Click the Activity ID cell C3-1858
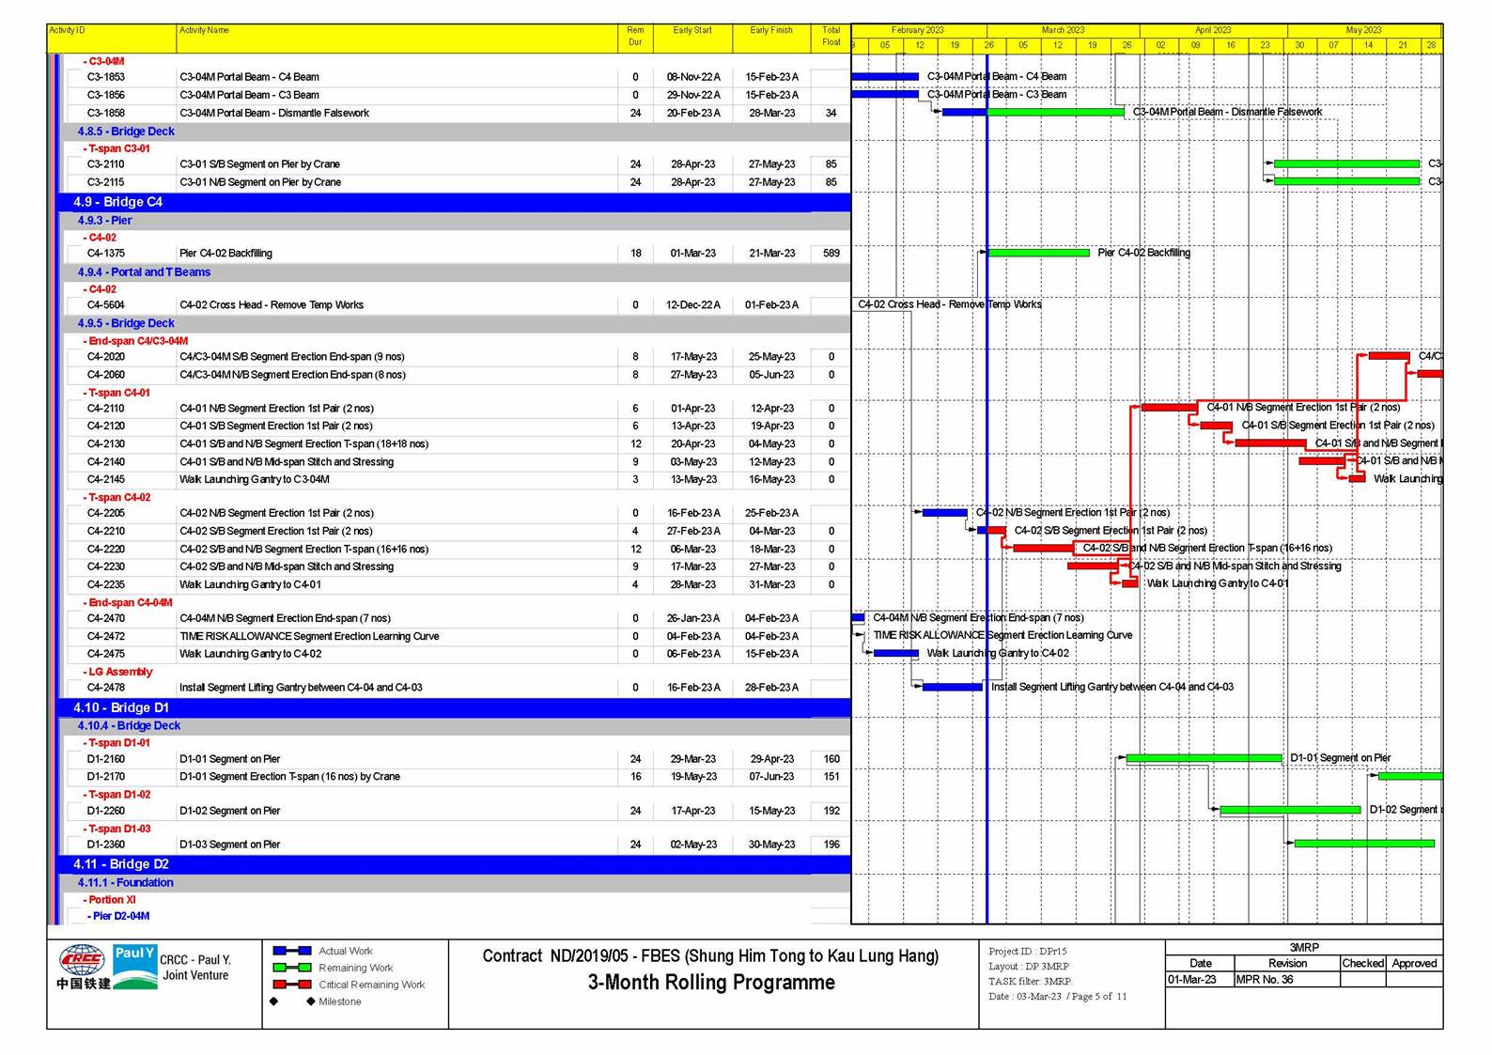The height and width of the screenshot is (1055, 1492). [x=106, y=113]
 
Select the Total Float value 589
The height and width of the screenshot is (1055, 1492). [x=831, y=253]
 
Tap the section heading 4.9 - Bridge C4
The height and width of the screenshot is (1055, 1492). [x=117, y=202]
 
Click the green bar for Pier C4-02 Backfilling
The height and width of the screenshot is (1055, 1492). [x=1038, y=253]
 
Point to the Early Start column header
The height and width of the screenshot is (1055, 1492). [x=692, y=31]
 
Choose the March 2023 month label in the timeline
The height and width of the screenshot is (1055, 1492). [x=1063, y=30]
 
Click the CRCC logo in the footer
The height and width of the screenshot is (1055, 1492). [x=83, y=967]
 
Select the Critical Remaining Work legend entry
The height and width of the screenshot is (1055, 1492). [x=371, y=985]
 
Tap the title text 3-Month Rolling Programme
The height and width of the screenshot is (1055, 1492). [x=710, y=983]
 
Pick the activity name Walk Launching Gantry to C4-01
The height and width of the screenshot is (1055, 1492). [x=250, y=584]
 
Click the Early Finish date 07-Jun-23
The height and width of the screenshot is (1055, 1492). [x=771, y=777]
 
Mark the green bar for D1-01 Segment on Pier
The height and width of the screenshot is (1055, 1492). [x=1204, y=758]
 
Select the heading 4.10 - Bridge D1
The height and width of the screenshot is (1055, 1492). [x=121, y=707]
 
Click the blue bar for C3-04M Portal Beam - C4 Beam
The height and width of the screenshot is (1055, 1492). [x=884, y=77]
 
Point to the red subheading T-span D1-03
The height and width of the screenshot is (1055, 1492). [x=119, y=829]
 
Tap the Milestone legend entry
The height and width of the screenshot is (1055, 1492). [x=339, y=1001]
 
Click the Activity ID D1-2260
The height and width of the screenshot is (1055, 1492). [x=106, y=811]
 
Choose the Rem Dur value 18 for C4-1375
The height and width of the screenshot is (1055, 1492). [x=635, y=253]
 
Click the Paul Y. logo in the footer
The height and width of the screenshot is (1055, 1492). [x=134, y=967]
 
